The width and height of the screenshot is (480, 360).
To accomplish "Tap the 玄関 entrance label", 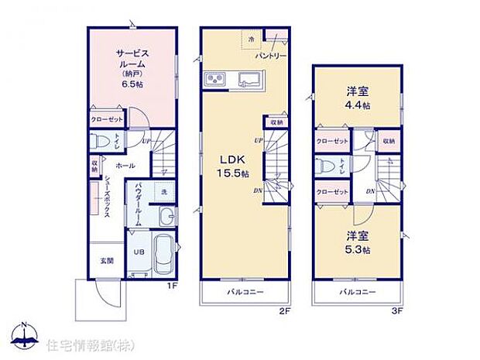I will click(x=106, y=261).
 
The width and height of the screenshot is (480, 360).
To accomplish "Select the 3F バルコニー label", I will click(x=357, y=292).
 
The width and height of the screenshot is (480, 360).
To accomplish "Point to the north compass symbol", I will click(x=25, y=335).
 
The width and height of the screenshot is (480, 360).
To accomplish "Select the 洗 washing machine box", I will click(x=163, y=191).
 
